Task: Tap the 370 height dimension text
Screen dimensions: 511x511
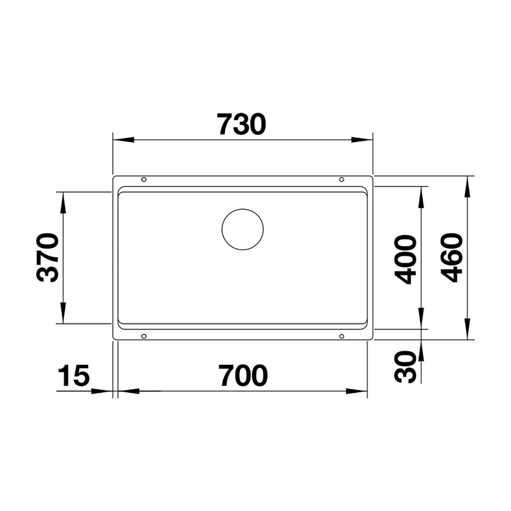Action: point(47,258)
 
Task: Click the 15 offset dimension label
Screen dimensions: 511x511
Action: point(74,376)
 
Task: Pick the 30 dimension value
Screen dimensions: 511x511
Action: point(406,368)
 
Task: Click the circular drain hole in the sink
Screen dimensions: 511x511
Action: point(243,230)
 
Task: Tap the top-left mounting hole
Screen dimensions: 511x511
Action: point(144,179)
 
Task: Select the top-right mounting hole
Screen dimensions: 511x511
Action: point(342,179)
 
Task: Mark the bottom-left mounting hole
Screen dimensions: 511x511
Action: point(144,337)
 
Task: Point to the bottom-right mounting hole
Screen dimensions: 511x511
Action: point(342,337)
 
